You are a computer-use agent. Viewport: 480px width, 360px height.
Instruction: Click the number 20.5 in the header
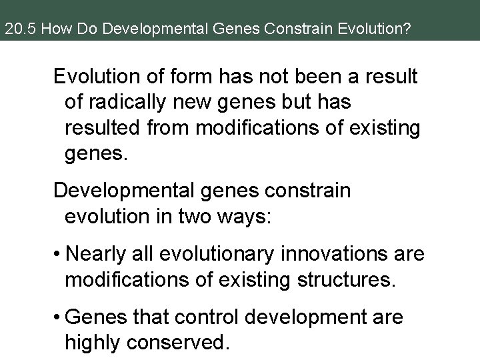point(16,29)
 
